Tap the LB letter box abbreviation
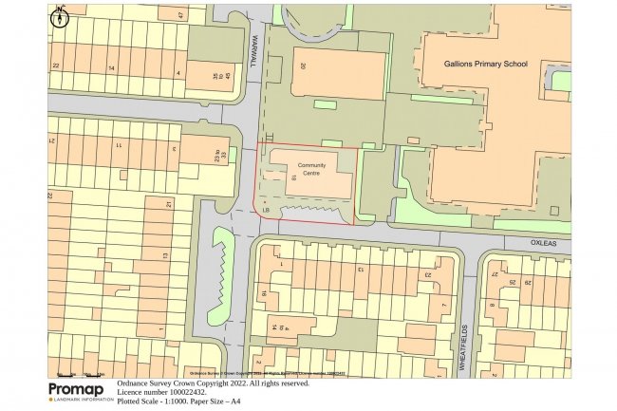point(268,210)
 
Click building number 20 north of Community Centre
point(303,66)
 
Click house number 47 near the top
point(179,15)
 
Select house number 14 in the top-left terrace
point(111,68)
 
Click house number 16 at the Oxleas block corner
point(263,294)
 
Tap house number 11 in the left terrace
point(119,145)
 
